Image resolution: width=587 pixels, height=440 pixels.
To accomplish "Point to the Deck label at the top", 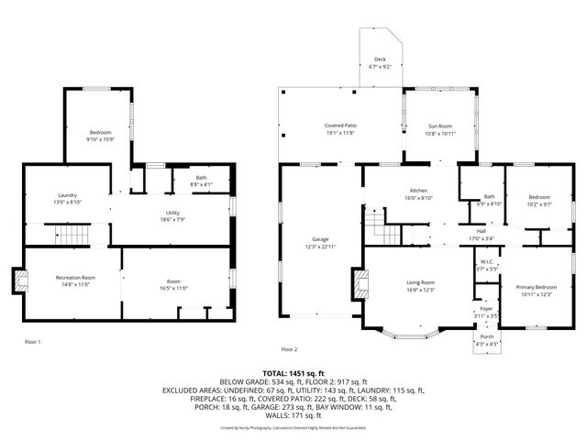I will pos(378,60).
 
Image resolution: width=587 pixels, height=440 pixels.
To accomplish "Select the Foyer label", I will pos(486,310).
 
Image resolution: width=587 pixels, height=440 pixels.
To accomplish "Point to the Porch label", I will pos(486,337).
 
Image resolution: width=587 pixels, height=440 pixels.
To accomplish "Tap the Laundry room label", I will pos(67,195).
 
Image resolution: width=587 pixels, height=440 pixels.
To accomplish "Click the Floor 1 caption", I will pos(32,342).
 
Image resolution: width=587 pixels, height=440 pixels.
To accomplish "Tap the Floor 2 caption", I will pos(289,349).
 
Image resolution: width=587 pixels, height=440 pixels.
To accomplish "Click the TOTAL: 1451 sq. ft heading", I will pos(293,374).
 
